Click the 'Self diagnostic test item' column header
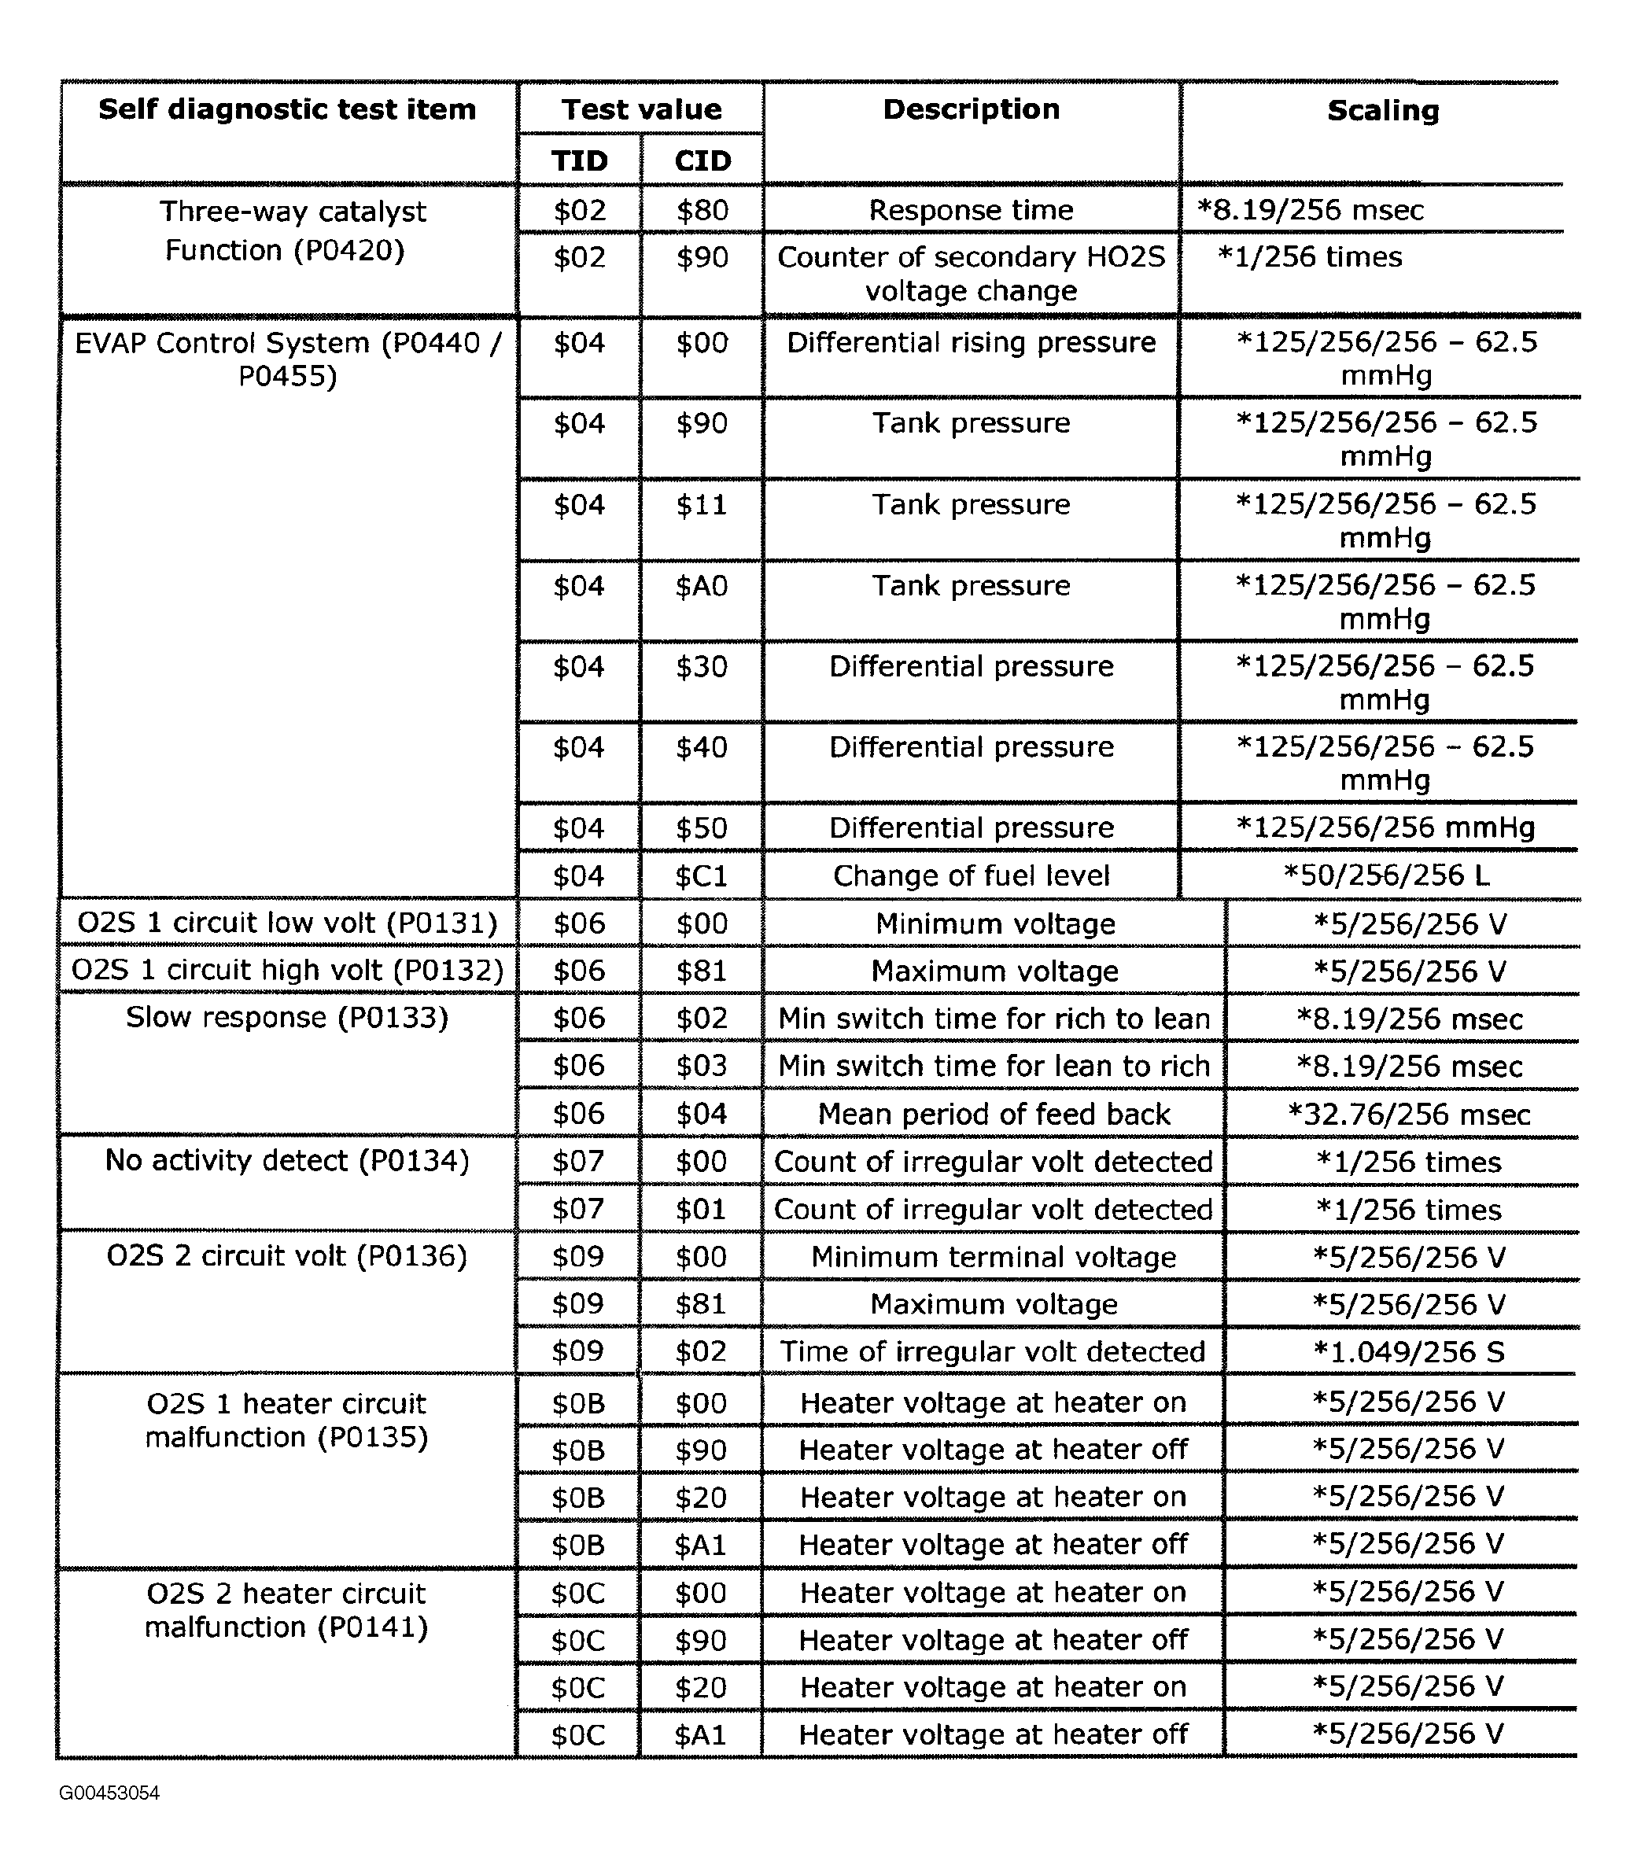(287, 109)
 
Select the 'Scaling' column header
(1382, 110)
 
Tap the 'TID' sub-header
(579, 160)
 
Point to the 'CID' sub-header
(702, 160)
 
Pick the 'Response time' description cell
(971, 210)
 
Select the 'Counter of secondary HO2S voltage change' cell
(971, 273)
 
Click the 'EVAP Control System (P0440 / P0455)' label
(288, 359)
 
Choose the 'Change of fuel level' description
(971, 876)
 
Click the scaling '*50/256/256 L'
(1385, 876)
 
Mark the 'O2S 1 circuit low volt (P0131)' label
(288, 923)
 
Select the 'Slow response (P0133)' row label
(288, 1017)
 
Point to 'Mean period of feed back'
(994, 1114)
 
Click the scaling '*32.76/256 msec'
(1409, 1114)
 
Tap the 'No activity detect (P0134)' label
(288, 1161)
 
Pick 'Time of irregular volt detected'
(993, 1351)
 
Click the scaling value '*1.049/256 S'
(1408, 1351)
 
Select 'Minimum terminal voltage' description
(994, 1258)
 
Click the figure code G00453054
(109, 1793)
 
